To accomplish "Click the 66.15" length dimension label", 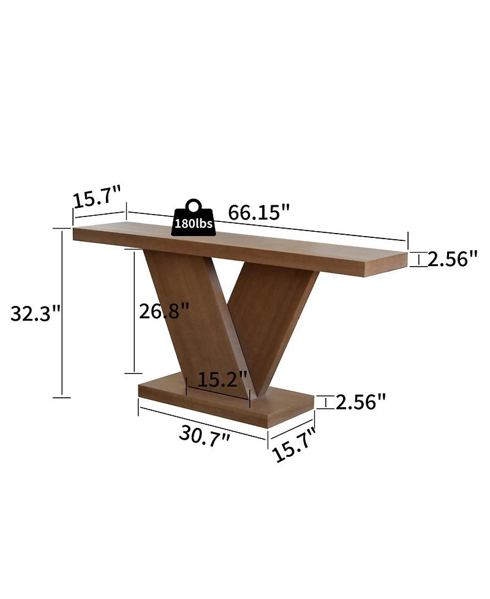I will coord(258,213).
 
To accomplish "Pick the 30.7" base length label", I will coord(205,436).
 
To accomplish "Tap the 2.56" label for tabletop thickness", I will coord(452,259).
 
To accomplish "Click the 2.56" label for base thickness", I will coord(361,402).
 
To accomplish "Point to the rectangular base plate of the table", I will coord(227,408).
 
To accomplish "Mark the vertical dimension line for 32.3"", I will coord(62,313).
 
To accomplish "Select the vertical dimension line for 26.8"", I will coord(134,311).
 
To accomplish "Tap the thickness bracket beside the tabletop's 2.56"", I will coord(419,259).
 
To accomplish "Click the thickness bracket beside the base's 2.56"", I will coord(326,402).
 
